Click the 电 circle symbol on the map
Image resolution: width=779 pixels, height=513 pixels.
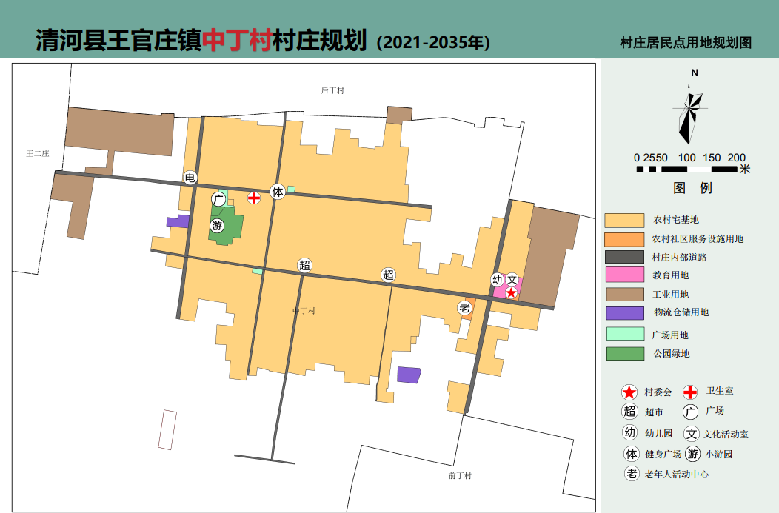pyautogui.click(x=190, y=178)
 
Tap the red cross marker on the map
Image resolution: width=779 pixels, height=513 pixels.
pyautogui.click(x=254, y=198)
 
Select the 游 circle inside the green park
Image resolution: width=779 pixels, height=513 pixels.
pyautogui.click(x=217, y=226)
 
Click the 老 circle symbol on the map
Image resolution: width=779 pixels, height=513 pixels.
pyautogui.click(x=464, y=308)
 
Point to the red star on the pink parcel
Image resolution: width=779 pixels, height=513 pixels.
pyautogui.click(x=511, y=293)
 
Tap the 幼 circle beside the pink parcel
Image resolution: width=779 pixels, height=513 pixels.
pyautogui.click(x=498, y=280)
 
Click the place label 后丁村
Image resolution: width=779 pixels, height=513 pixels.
pyautogui.click(x=332, y=90)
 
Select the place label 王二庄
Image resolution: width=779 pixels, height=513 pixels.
pyautogui.click(x=37, y=154)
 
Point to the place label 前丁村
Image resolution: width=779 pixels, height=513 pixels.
pyautogui.click(x=460, y=475)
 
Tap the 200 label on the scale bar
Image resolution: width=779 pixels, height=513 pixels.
pyautogui.click(x=736, y=158)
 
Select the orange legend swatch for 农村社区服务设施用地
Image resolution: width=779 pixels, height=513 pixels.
pyautogui.click(x=624, y=239)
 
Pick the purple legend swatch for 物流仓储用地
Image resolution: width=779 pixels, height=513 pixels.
pyautogui.click(x=624, y=312)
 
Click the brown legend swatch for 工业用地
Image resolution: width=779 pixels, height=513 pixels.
pyautogui.click(x=624, y=294)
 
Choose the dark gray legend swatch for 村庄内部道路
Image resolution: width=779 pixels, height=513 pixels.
pyautogui.click(x=624, y=257)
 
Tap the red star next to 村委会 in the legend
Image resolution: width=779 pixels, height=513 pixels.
pyautogui.click(x=630, y=392)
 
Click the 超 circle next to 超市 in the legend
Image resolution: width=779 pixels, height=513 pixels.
pyautogui.click(x=630, y=412)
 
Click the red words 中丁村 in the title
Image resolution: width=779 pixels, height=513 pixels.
pyautogui.click(x=236, y=41)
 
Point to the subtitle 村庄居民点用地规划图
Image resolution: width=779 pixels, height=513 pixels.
pyautogui.click(x=685, y=43)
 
